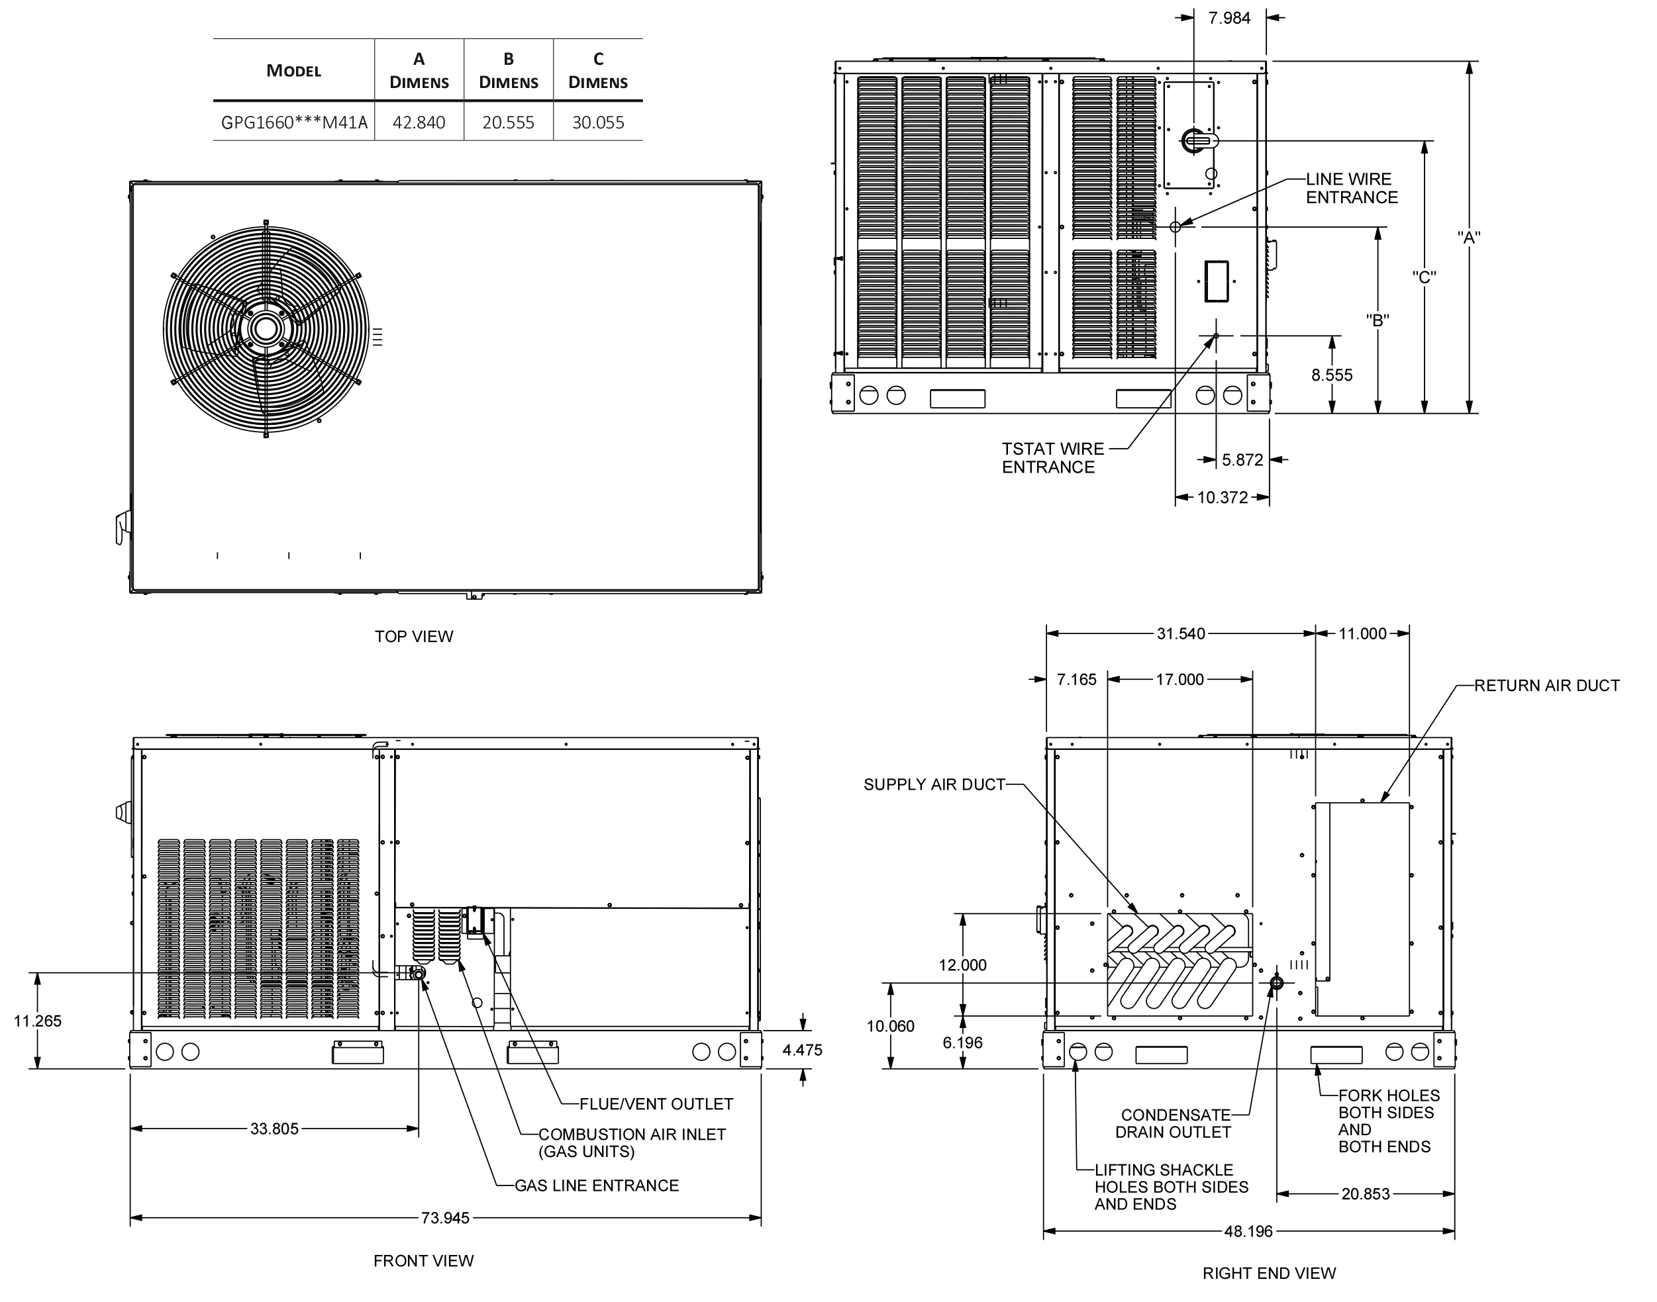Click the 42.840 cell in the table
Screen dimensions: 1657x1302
[x=419, y=122]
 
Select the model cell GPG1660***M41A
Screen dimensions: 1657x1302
[x=294, y=122]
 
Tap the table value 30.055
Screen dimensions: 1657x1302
[x=598, y=122]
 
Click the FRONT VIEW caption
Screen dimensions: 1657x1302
[x=423, y=1261]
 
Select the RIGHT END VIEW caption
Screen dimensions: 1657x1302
[x=1269, y=1273]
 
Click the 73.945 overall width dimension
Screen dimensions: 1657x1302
[x=445, y=1218]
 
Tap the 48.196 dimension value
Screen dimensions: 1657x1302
[x=1248, y=1231]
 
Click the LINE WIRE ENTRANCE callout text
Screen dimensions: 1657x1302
[x=1352, y=188]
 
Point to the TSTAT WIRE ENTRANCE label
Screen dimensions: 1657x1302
[x=1053, y=458]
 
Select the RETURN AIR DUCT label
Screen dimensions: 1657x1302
[x=1546, y=685]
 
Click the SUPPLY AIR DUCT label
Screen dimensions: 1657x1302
[x=934, y=784]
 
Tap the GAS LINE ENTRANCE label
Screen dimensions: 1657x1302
[x=596, y=1186]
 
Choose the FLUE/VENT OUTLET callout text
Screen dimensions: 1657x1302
[x=656, y=1104]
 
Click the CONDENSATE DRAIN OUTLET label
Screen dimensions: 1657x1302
[x=1174, y=1124]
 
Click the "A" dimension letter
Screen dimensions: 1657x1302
[x=1469, y=237]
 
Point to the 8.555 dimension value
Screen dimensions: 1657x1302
[x=1331, y=375]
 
